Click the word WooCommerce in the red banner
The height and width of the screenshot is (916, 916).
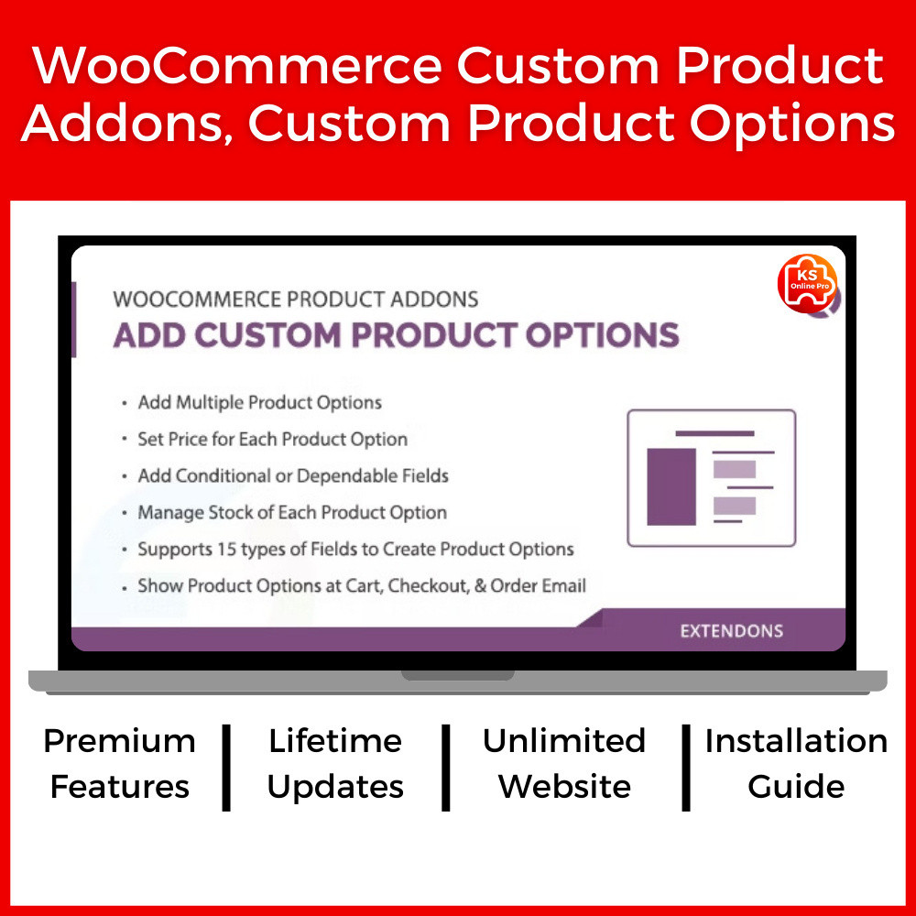236,65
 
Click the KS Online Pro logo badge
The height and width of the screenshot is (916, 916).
808,283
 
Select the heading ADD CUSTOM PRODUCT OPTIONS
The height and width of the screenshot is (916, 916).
396,335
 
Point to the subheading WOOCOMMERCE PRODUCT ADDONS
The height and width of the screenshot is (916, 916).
296,300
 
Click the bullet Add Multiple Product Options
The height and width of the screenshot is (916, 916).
259,402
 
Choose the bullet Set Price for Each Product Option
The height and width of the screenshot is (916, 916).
272,440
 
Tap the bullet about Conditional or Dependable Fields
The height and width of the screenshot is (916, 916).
293,476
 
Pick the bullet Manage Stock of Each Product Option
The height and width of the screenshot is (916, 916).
292,512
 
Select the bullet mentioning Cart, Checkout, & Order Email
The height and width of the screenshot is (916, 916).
362,586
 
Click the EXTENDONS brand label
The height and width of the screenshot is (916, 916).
731,631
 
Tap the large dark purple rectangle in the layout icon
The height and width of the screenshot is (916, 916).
671,486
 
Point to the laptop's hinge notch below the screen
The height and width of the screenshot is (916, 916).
458,675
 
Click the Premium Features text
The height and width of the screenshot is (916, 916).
120,764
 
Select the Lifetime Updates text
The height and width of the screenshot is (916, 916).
335,764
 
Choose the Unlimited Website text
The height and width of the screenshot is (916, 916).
564,764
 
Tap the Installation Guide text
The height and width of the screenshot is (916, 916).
796,764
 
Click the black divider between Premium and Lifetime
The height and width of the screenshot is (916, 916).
226,768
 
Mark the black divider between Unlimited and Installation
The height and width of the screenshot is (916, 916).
686,768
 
